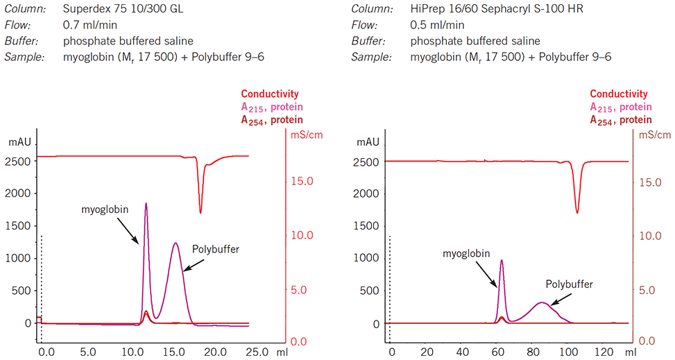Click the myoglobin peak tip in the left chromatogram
pyautogui.click(x=146, y=204)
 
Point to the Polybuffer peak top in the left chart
pyautogui.click(x=176, y=243)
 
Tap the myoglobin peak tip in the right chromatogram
pyautogui.click(x=502, y=261)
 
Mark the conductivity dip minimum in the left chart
pyautogui.click(x=201, y=212)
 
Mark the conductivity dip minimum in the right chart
pyautogui.click(x=577, y=212)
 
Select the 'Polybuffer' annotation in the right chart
pyautogui.click(x=570, y=284)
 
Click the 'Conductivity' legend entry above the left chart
pyautogui.click(x=270, y=94)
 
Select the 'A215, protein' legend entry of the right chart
pyautogui.click(x=621, y=107)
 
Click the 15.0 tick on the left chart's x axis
pyautogui.click(x=173, y=352)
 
